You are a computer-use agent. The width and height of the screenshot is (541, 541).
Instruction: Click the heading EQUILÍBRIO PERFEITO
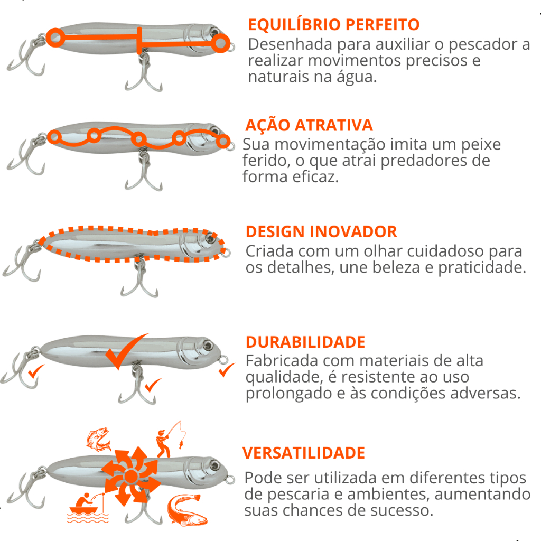(x=334, y=25)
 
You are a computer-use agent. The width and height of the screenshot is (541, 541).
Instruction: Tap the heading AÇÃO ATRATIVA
(x=309, y=125)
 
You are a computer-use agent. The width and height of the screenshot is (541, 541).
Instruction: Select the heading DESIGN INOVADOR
(x=321, y=231)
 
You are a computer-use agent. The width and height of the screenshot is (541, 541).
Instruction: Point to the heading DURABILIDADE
(x=305, y=342)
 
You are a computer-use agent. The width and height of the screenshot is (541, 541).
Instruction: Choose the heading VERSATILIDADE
(x=304, y=453)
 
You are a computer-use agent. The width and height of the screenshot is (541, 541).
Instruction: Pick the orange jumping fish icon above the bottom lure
(x=99, y=439)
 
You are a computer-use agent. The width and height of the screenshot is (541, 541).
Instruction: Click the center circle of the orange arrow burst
(x=131, y=477)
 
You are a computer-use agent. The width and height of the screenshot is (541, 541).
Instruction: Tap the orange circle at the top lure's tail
(x=55, y=38)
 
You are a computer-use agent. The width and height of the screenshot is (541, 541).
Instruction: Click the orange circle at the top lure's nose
(x=220, y=43)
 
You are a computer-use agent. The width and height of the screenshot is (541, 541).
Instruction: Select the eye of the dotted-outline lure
(x=209, y=238)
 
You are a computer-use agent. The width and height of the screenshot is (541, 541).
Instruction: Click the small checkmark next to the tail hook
(x=36, y=371)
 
